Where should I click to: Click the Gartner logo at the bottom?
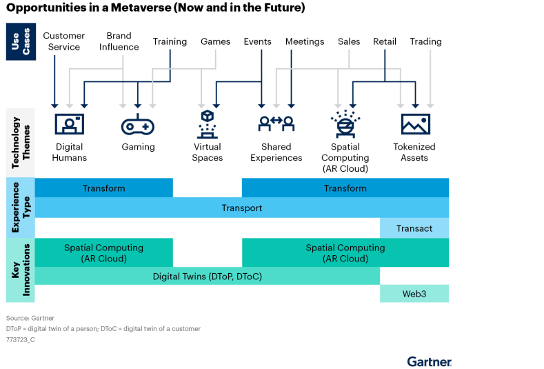click(429, 361)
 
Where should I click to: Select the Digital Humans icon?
click(69, 124)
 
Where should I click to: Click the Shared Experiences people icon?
click(276, 124)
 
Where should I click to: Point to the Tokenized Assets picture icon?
click(415, 124)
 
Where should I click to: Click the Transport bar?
click(241, 208)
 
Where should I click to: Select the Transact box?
click(414, 228)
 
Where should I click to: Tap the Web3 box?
click(414, 294)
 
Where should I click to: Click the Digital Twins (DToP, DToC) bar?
click(207, 276)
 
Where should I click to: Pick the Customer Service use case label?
click(63, 41)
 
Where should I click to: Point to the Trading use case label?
click(425, 41)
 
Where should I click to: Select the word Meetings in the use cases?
click(304, 41)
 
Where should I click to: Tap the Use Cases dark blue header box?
click(21, 41)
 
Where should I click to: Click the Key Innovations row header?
click(21, 270)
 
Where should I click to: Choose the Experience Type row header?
click(21, 208)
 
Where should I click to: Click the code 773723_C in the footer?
click(20, 340)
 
